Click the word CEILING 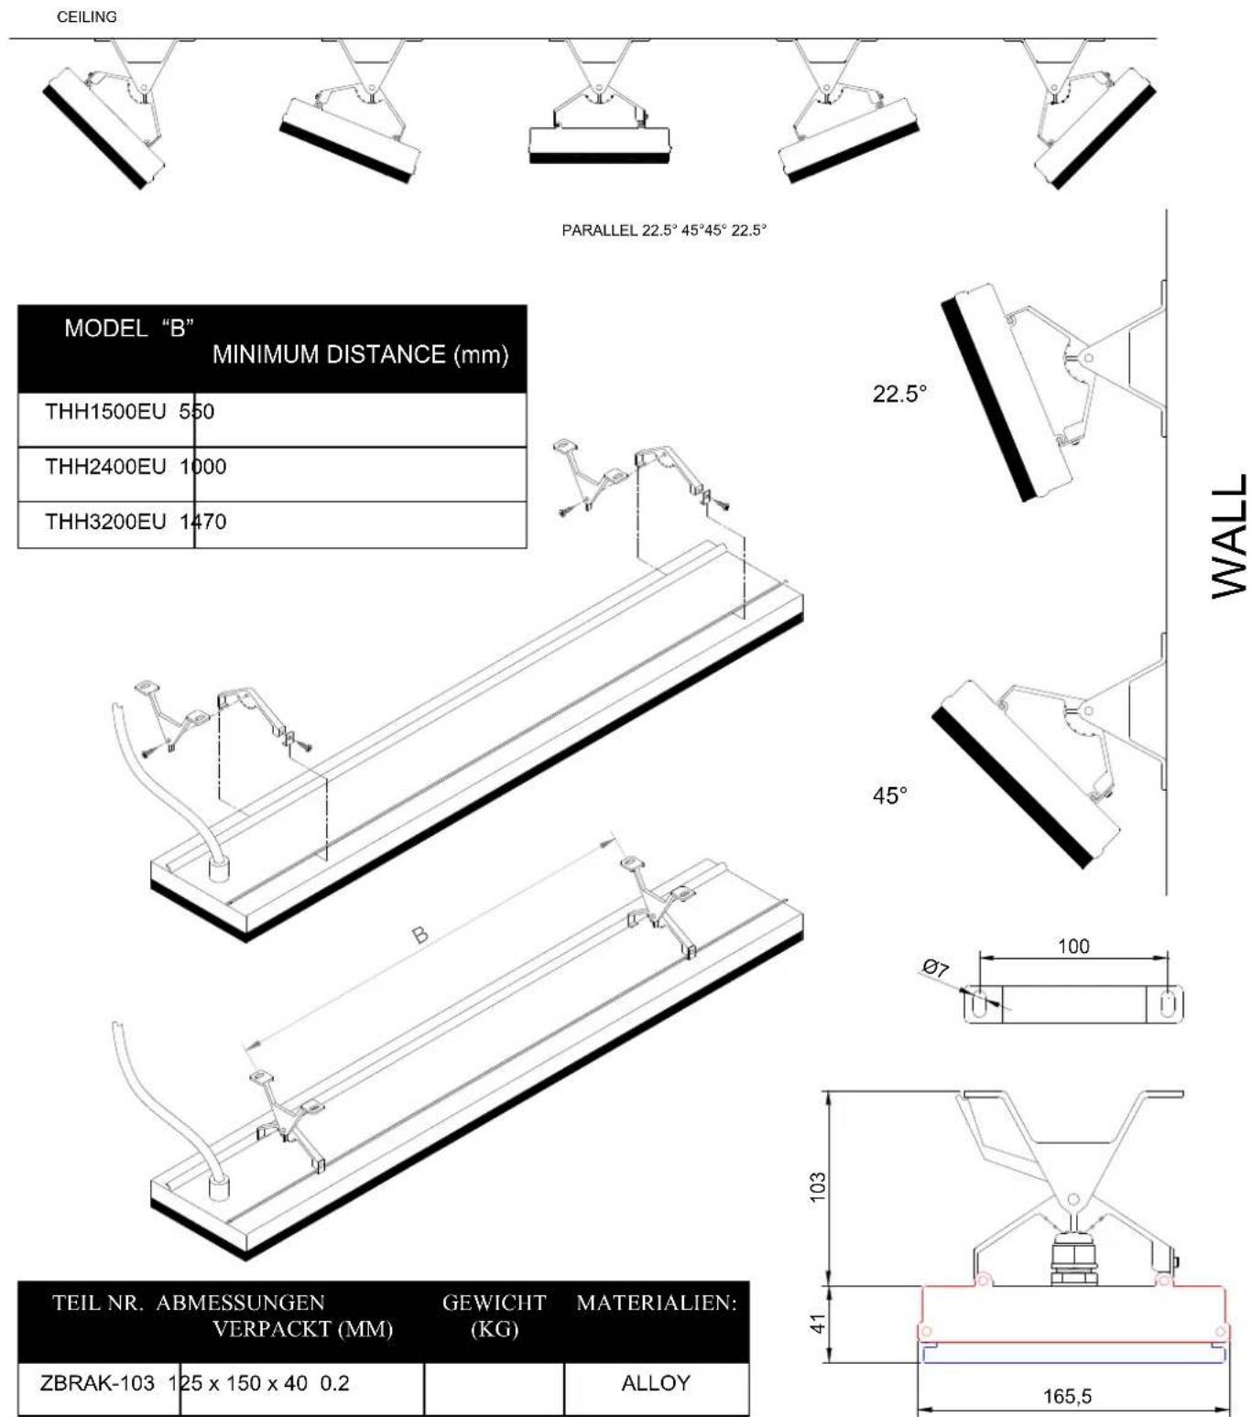[x=87, y=16]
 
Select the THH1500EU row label [x=105, y=412]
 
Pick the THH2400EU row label [x=105, y=467]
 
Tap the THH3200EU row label [x=105, y=522]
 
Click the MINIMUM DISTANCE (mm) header [x=360, y=355]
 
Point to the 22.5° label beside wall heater [x=899, y=394]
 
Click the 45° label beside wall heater [x=889, y=795]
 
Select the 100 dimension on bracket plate [x=1073, y=946]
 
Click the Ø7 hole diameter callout [x=935, y=968]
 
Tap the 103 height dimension [x=819, y=1185]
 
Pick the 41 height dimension [x=819, y=1323]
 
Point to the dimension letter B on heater [x=419, y=935]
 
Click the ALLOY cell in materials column [x=655, y=1383]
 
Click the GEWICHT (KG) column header [x=494, y=1315]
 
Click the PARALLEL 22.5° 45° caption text [x=663, y=231]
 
